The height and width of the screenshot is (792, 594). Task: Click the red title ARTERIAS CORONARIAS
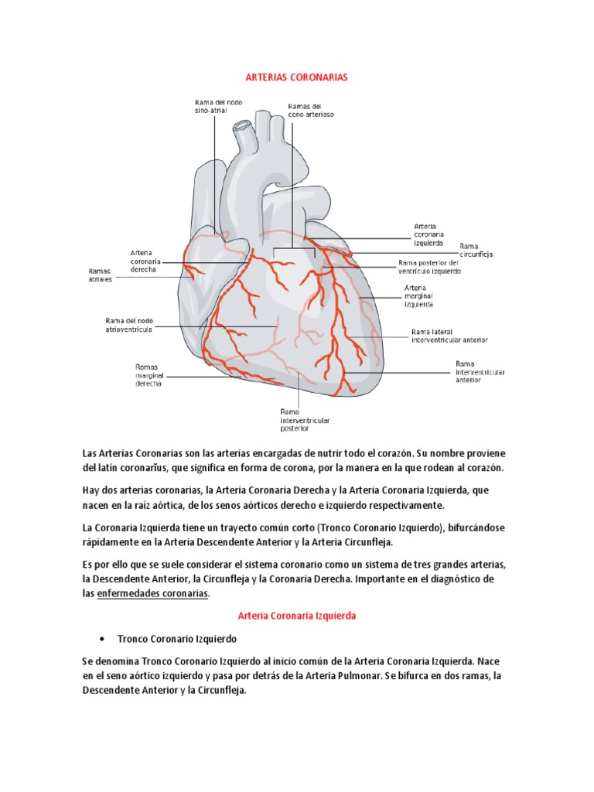[297, 78]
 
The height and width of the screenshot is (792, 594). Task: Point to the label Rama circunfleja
[476, 250]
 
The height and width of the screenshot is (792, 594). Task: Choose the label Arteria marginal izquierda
[418, 295]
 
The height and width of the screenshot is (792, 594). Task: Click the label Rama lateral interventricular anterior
[449, 336]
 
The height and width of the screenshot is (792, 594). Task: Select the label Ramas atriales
[100, 275]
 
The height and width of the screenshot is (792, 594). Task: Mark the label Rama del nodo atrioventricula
[139, 323]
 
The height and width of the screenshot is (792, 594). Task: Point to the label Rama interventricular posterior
[305, 419]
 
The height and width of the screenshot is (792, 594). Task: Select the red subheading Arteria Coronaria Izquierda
[297, 616]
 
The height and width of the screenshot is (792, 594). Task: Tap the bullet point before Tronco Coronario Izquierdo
[103, 640]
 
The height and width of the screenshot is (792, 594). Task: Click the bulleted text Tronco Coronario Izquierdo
[177, 640]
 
